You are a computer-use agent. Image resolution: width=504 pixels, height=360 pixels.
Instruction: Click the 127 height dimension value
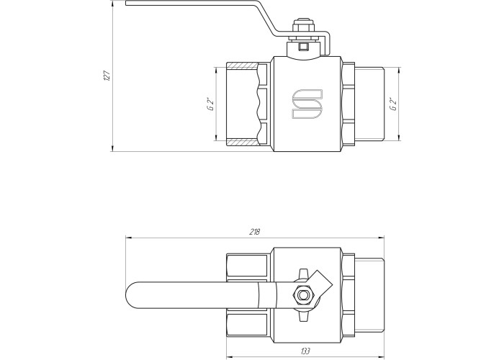[x=108, y=76]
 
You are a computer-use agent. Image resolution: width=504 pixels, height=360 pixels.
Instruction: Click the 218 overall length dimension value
[x=254, y=232]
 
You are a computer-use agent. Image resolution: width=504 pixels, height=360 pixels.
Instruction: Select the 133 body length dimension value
[x=305, y=351]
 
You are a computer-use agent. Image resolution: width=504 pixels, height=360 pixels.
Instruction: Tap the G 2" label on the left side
[x=210, y=104]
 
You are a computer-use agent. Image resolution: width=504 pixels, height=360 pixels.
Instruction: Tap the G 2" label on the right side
[x=393, y=104]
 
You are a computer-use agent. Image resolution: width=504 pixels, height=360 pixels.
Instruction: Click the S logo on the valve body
[x=307, y=104]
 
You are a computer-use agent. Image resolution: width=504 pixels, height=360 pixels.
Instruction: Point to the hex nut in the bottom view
[x=302, y=294]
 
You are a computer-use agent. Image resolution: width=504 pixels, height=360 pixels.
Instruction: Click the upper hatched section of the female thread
[x=243, y=66]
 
